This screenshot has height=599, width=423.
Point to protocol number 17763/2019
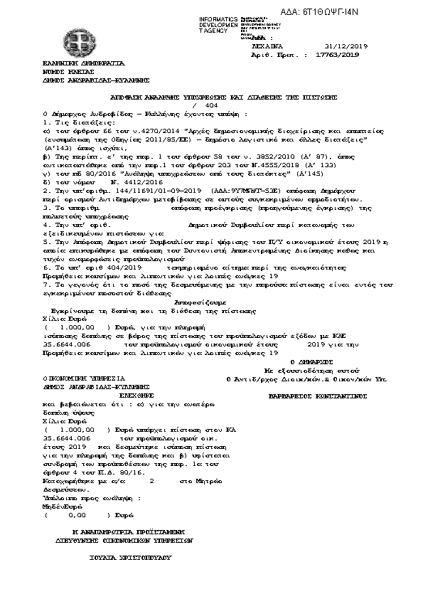pyautogui.click(x=336, y=53)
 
